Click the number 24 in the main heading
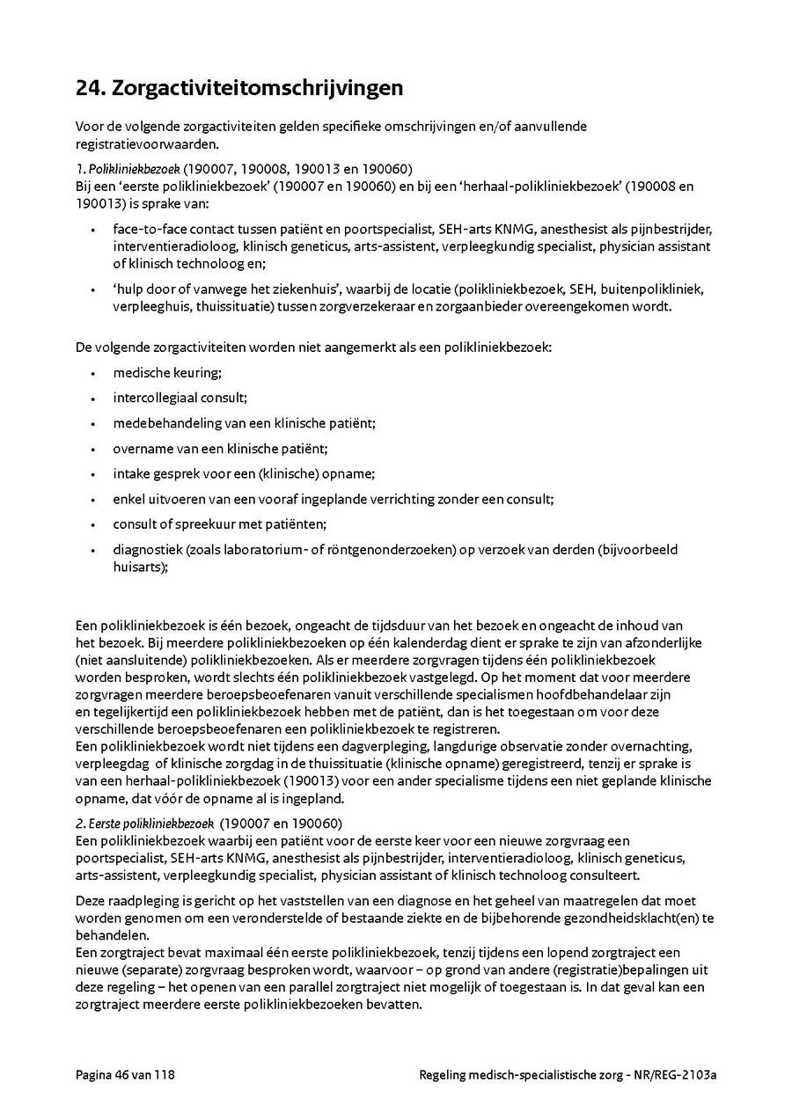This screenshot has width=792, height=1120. tap(90, 88)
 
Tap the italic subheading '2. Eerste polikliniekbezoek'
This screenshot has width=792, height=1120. tap(144, 824)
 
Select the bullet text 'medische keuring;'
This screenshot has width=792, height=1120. tap(167, 373)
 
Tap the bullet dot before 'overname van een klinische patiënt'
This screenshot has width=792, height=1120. tap(93, 449)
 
